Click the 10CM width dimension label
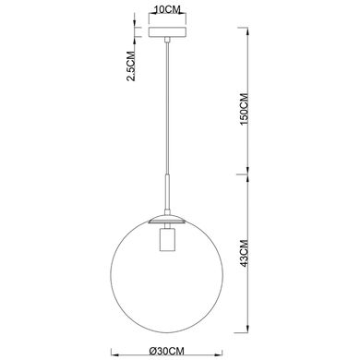166,9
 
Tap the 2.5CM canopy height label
131,66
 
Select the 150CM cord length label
245,108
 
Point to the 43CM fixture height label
245,253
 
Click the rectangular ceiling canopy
167,32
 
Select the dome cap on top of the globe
167,219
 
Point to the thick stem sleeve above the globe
167,192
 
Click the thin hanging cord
167,108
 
